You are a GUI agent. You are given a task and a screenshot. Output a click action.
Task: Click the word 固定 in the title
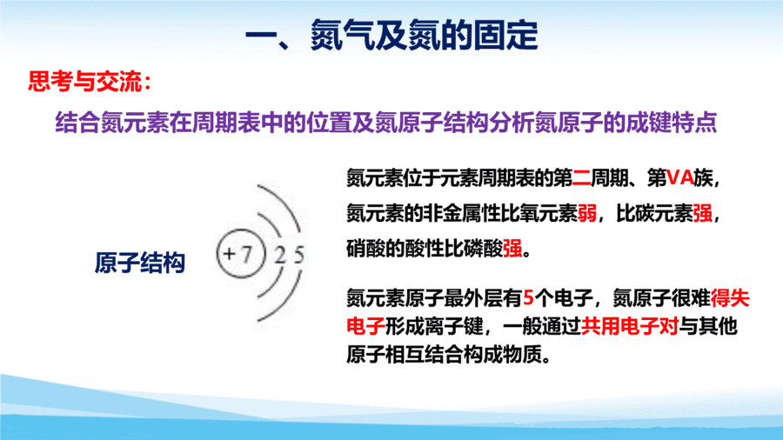[505, 36]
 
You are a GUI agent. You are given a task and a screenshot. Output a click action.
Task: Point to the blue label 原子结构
[140, 263]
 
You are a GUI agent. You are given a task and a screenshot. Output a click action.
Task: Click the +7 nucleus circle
[240, 253]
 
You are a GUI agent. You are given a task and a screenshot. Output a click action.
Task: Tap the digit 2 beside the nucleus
[280, 255]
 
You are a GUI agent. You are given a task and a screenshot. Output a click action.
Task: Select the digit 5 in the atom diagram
[298, 255]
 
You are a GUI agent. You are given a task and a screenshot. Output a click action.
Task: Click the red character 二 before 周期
[581, 177]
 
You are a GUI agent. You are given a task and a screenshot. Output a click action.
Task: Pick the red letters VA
[680, 177]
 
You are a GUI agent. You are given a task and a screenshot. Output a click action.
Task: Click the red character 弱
[587, 214]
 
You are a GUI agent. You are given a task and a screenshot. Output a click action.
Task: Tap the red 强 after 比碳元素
[702, 214]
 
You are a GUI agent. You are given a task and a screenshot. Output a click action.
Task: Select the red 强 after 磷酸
[512, 249]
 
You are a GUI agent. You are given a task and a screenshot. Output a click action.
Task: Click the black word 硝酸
[365, 249]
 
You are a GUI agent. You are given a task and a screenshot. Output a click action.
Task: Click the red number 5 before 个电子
[528, 298]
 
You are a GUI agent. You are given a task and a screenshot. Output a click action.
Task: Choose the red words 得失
[730, 298]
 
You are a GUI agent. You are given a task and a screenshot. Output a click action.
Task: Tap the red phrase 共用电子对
[629, 327]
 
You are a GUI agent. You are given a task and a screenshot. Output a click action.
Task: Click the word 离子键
[452, 327]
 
